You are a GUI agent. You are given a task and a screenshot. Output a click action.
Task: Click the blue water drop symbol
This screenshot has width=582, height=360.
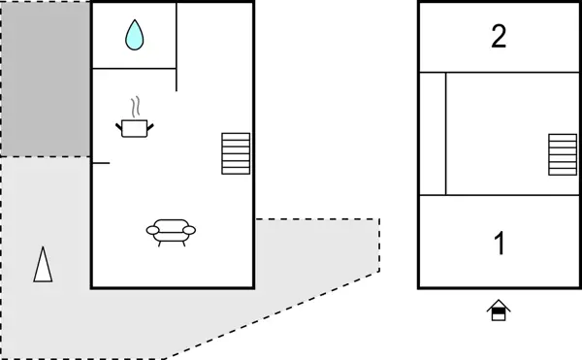click(x=134, y=36)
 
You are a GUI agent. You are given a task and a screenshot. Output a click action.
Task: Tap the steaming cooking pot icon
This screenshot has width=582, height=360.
click(x=135, y=126)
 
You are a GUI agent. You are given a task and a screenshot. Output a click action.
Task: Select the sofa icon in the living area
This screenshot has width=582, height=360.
click(x=171, y=232)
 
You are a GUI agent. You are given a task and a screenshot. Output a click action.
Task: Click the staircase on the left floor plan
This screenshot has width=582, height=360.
click(x=236, y=153)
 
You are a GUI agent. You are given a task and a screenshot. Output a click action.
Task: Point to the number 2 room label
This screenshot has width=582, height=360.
click(x=499, y=37)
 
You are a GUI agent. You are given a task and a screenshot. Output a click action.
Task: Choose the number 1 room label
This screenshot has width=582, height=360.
click(x=500, y=244)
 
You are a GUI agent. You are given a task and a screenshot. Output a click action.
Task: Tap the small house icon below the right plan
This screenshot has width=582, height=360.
click(x=499, y=311)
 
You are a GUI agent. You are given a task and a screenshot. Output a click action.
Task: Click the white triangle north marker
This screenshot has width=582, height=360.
click(x=43, y=264)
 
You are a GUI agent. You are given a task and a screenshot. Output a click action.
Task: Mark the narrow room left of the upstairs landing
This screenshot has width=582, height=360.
click(x=433, y=133)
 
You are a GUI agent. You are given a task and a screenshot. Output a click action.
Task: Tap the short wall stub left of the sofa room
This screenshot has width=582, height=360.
click(x=101, y=163)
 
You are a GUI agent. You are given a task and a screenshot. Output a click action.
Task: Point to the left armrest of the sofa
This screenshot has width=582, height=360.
click(x=152, y=230)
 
